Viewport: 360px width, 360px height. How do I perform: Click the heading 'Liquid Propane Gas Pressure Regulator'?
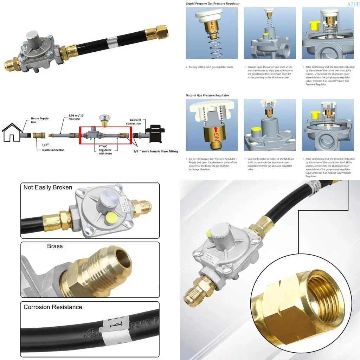tap(213, 4)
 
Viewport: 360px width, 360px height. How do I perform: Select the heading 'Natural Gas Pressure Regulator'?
tap(207, 95)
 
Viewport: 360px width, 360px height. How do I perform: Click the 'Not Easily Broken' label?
tap(47, 187)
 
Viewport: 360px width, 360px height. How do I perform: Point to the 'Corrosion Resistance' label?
tap(53, 307)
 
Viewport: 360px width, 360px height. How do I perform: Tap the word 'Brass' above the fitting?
tap(55, 246)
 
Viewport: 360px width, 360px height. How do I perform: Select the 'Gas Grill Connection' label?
tap(133, 122)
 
